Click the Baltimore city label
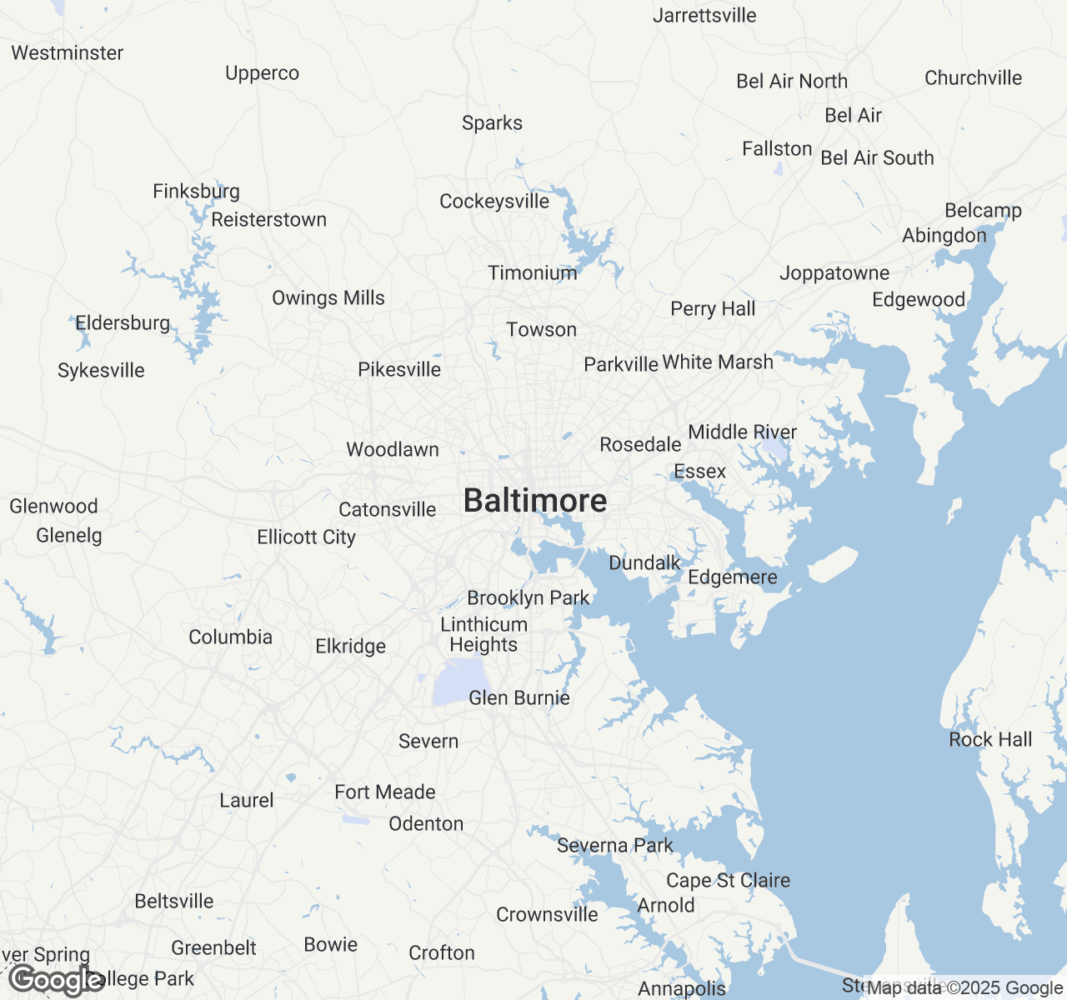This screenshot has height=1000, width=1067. (x=535, y=501)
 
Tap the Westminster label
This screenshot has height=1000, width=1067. (x=68, y=53)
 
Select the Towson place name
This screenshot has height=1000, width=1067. (x=542, y=330)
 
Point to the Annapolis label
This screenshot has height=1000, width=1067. (x=682, y=989)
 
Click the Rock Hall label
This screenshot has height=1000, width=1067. (x=990, y=740)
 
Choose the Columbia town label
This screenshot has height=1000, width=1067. (x=231, y=637)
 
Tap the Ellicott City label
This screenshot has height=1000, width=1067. (x=307, y=537)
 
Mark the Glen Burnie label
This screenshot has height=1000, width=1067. (x=519, y=698)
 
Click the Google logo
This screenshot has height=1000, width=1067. (x=57, y=980)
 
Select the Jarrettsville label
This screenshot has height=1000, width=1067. (x=704, y=16)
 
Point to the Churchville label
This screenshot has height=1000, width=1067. (x=973, y=78)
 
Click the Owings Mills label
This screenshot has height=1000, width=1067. (x=328, y=298)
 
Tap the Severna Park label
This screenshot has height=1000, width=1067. (x=615, y=846)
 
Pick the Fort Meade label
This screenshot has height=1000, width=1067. (x=385, y=792)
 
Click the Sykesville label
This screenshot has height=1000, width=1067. (x=101, y=371)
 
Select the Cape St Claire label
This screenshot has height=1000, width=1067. (x=728, y=881)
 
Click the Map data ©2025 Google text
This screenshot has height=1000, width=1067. (x=964, y=988)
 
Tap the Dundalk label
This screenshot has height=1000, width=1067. (x=645, y=563)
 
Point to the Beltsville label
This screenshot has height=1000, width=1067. (x=174, y=902)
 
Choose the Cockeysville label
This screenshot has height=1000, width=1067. (x=494, y=202)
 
